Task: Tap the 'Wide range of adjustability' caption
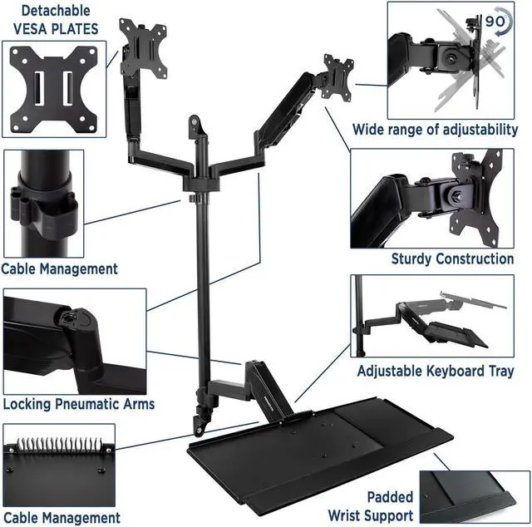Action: (435, 130)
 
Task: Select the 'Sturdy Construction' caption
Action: (452, 259)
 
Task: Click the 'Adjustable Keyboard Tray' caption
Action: (436, 372)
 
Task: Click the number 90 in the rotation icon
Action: (495, 22)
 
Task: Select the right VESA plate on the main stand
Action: (336, 76)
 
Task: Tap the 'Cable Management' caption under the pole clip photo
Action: (59, 269)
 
